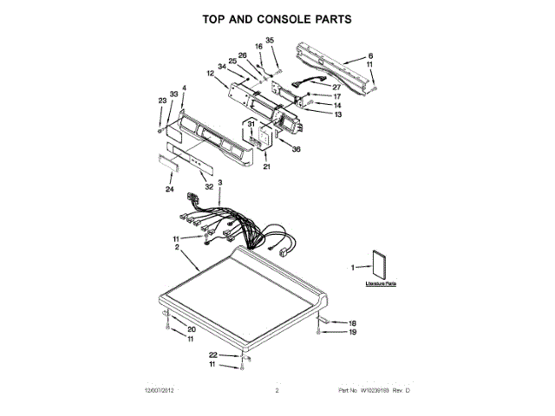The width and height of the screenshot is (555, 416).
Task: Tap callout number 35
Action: (x=269, y=41)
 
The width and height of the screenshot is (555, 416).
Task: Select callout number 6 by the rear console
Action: (x=370, y=55)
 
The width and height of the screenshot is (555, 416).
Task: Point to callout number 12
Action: (x=211, y=74)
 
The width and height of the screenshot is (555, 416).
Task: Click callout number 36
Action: (x=297, y=150)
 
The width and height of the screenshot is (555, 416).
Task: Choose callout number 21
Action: (x=267, y=166)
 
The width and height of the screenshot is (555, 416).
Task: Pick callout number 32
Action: (x=208, y=186)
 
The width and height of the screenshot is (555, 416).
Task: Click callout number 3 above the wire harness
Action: (x=220, y=183)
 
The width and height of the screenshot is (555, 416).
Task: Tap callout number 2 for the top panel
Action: (x=177, y=247)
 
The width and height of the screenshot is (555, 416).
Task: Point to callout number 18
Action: (x=353, y=322)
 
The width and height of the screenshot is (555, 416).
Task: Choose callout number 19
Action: (x=353, y=332)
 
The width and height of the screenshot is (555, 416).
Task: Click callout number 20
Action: (x=192, y=329)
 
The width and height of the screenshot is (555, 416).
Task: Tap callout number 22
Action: (x=213, y=355)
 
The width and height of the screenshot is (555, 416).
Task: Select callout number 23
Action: (x=161, y=101)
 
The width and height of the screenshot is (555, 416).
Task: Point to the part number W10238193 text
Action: (x=372, y=391)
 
